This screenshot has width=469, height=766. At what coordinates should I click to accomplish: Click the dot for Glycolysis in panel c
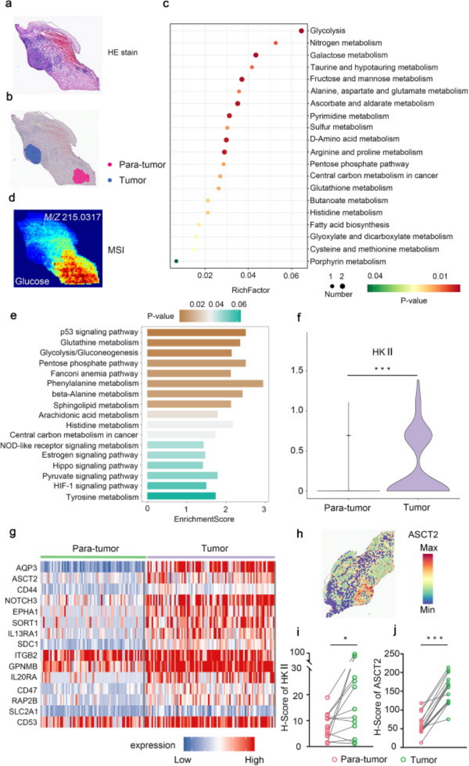click(301, 31)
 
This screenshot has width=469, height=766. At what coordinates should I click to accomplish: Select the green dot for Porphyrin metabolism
click(177, 261)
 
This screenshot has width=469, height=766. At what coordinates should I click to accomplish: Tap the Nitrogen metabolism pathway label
click(346, 43)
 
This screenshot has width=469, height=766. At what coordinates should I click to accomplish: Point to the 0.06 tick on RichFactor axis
click(291, 276)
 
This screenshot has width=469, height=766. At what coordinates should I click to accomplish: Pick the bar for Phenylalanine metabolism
click(205, 383)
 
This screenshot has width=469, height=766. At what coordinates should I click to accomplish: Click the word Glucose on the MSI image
click(31, 280)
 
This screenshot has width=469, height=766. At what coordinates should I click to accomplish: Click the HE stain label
click(123, 53)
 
